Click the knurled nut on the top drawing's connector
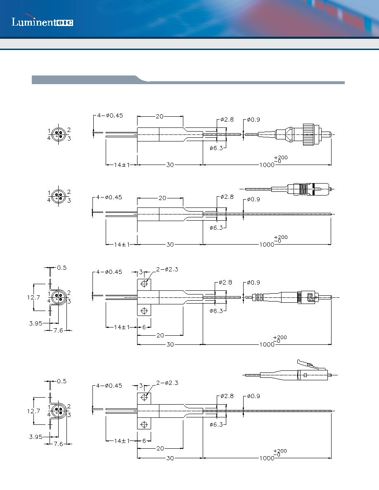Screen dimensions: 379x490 pos(308,134)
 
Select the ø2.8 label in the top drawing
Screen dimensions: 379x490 pos(227,119)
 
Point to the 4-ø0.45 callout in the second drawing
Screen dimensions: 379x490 pos(109,197)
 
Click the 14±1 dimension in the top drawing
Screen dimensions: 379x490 pos(122,165)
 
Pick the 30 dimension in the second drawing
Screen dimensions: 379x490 pos(170,244)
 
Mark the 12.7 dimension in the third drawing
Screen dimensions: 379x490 pos(33,297)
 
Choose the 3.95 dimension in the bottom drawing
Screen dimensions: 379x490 pos(36,436)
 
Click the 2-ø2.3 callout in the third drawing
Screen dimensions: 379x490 pos(167,269)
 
